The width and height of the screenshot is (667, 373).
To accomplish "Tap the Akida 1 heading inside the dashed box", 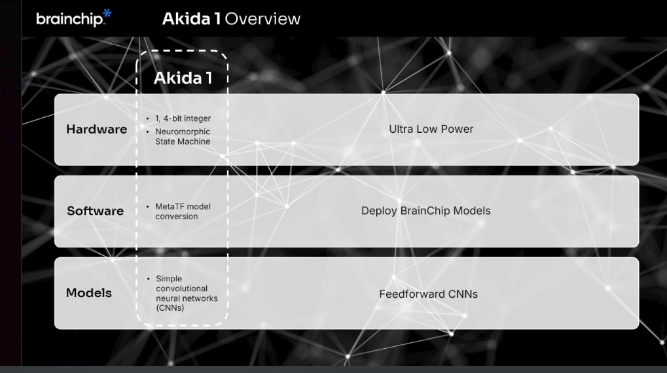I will [183, 79].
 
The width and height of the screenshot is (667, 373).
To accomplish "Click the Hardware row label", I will [96, 130].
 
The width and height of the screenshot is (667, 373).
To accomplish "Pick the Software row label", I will [95, 211].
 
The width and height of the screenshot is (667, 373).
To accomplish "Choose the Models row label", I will [88, 293].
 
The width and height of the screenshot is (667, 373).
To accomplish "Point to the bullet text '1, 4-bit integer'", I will [183, 118].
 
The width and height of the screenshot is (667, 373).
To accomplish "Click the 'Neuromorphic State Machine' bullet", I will [183, 136].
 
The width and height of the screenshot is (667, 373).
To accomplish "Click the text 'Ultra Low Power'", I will [431, 129].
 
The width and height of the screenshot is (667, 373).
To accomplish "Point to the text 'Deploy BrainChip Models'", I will [425, 211].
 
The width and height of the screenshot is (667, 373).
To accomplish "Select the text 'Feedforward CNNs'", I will [428, 294].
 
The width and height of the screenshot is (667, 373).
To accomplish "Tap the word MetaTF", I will [168, 207].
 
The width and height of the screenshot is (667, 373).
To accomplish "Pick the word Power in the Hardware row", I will [458, 129].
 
